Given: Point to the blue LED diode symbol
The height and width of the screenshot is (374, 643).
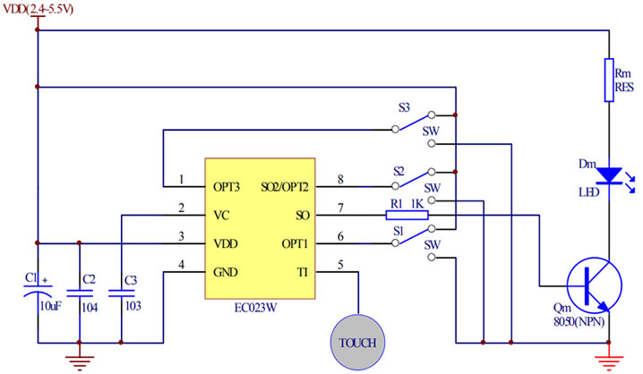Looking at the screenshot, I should tap(610, 174).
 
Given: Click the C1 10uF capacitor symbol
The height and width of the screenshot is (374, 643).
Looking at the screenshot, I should tap(38, 292).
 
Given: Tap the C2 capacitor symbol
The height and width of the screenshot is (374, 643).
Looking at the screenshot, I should tap(79, 292).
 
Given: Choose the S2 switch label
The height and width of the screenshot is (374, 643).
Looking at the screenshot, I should tap(400, 170).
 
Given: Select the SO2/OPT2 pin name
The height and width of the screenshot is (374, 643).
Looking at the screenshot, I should tap(286, 187).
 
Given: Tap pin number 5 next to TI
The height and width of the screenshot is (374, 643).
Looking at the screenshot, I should tap(340, 264).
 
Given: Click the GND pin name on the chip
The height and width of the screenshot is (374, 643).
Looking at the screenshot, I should tap(226, 271).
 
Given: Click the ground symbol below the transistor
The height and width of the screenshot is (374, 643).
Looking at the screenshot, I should tap(609, 361).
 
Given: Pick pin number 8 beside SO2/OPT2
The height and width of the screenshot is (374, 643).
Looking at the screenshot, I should tap(341, 180).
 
